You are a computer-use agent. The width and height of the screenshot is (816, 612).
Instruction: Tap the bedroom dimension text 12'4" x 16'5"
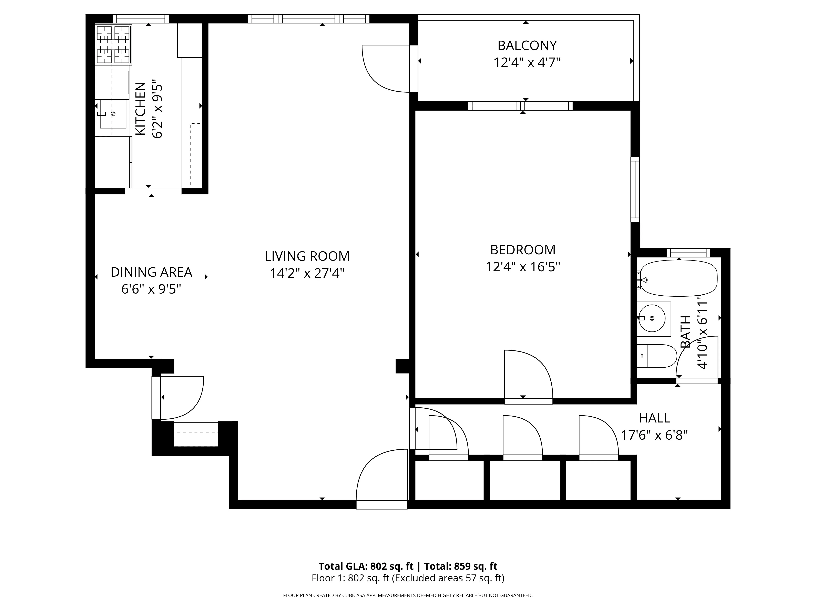tap(522, 267)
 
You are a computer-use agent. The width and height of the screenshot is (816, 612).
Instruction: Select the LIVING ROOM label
tap(307, 256)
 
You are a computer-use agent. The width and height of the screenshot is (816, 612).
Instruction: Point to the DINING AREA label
tap(151, 272)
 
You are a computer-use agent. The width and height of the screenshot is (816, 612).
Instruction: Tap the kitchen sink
tap(113, 114)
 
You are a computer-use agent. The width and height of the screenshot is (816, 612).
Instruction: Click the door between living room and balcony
tap(386, 69)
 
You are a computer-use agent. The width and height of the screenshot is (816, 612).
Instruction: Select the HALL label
tap(654, 418)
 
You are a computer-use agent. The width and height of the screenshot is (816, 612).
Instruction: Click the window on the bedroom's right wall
tap(635, 189)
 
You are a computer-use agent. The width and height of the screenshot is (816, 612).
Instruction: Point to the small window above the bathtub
tap(688, 253)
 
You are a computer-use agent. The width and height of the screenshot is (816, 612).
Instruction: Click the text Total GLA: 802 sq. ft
tap(366, 566)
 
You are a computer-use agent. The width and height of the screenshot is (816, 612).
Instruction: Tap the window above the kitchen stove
tap(141, 19)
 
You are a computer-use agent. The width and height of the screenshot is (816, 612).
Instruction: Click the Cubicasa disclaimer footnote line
tap(408, 595)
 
